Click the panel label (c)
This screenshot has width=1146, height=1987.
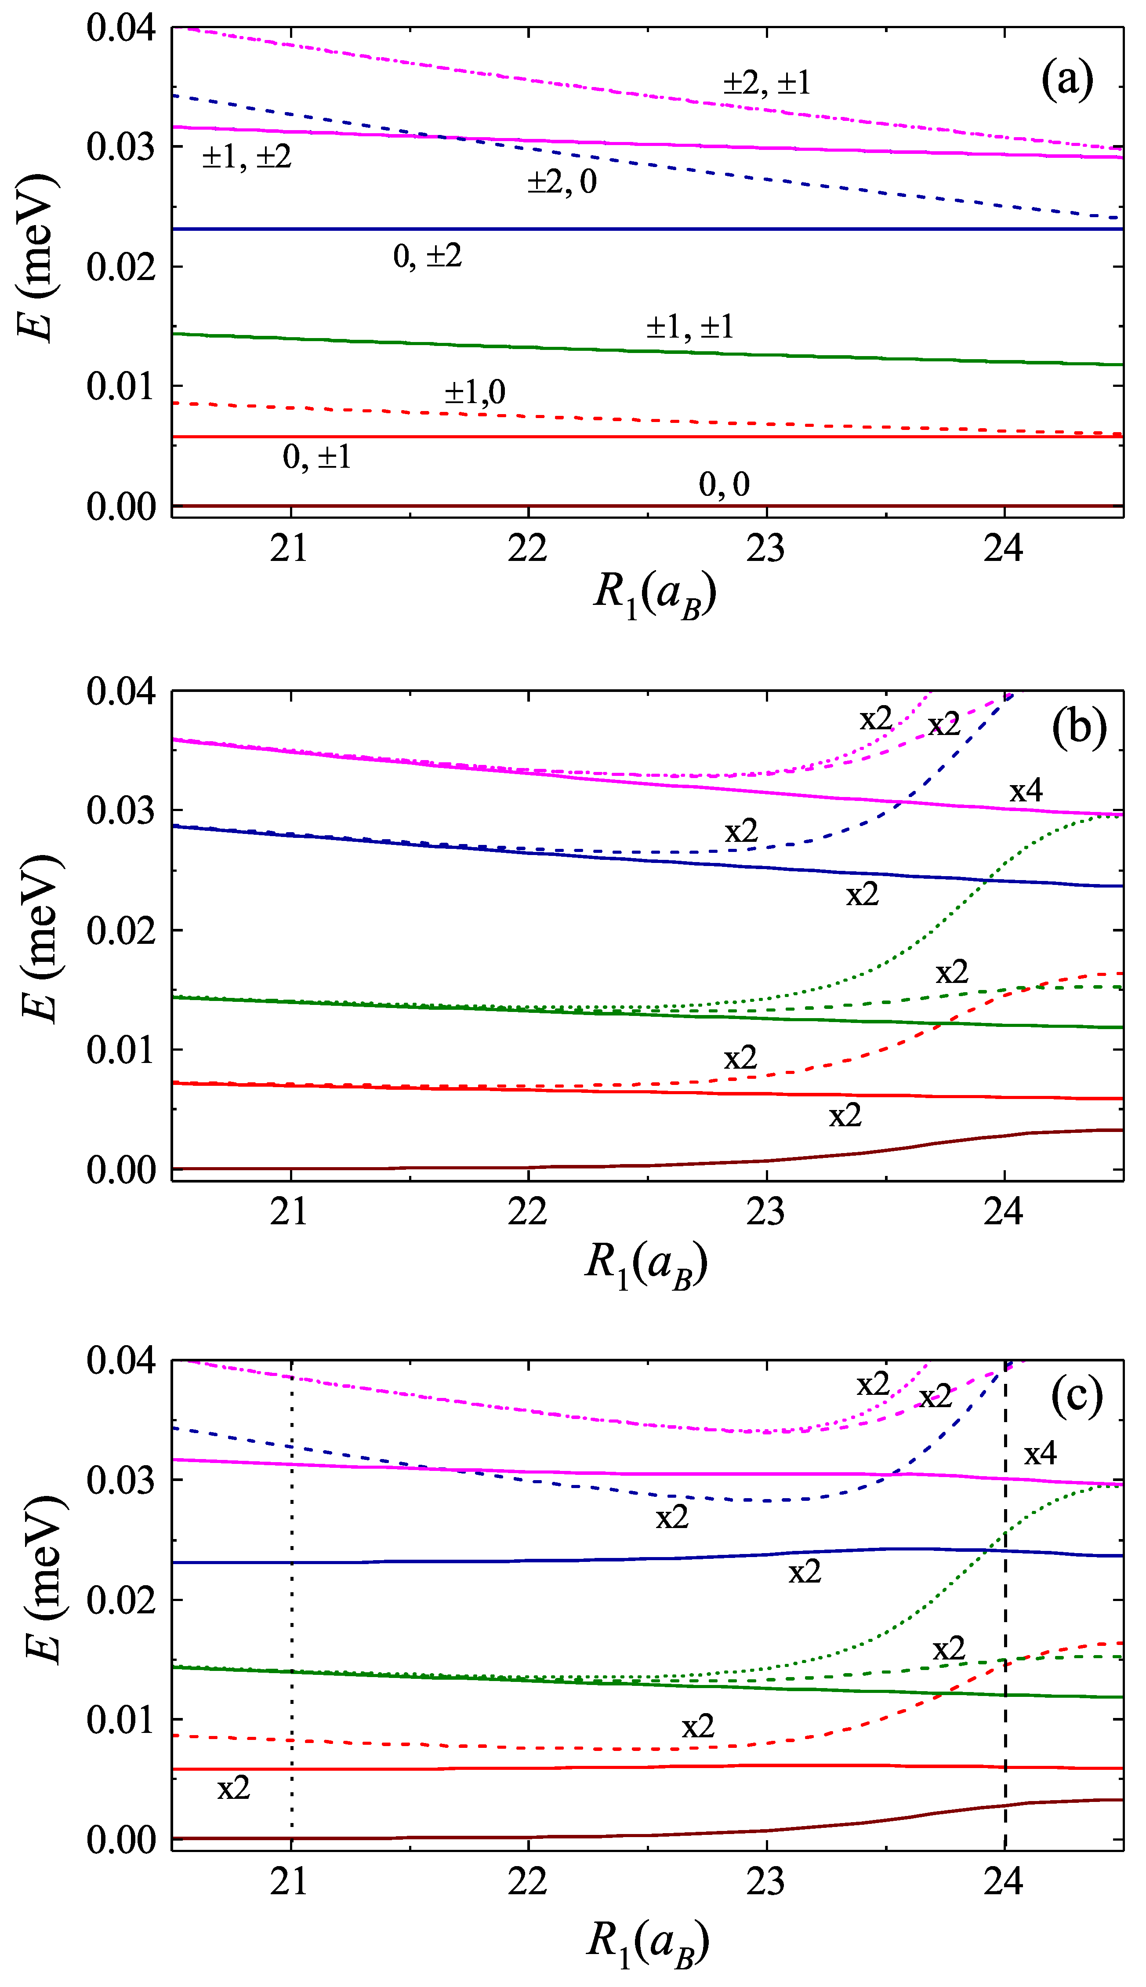(1077, 1396)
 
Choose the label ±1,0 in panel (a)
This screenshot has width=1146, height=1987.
(475, 392)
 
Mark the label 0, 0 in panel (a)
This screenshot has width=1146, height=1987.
(724, 484)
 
